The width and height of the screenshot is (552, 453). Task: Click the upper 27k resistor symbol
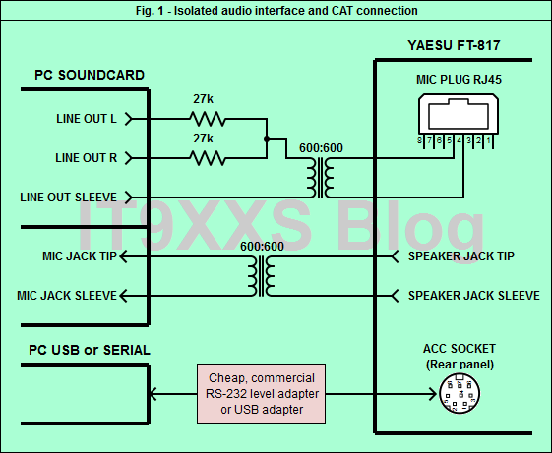click(208, 119)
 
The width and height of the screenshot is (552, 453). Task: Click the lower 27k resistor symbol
click(208, 158)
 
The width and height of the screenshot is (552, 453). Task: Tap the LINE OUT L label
click(87, 119)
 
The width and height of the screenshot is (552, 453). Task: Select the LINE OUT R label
click(87, 158)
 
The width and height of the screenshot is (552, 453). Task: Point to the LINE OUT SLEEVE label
click(68, 198)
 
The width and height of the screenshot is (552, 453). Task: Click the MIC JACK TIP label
click(80, 256)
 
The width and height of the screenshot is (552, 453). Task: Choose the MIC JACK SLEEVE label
click(67, 296)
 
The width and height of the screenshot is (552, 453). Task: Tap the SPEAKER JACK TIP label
click(461, 256)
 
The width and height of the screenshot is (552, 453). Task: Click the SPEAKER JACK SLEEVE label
click(474, 296)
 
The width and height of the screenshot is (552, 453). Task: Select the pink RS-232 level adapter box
click(261, 394)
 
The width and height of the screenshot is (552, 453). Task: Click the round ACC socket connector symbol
click(460, 393)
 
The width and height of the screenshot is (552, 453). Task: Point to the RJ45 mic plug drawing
click(459, 121)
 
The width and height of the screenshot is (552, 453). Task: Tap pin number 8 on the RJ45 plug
click(419, 141)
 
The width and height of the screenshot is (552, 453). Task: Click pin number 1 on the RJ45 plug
click(488, 141)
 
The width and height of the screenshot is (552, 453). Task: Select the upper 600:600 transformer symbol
click(320, 178)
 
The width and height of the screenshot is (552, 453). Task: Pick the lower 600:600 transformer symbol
click(261, 276)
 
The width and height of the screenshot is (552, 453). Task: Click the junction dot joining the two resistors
click(267, 139)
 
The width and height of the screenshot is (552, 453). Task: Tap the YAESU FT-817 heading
click(455, 45)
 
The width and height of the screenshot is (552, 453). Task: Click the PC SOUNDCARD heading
click(90, 75)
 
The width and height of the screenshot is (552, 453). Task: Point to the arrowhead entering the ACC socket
click(433, 394)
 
